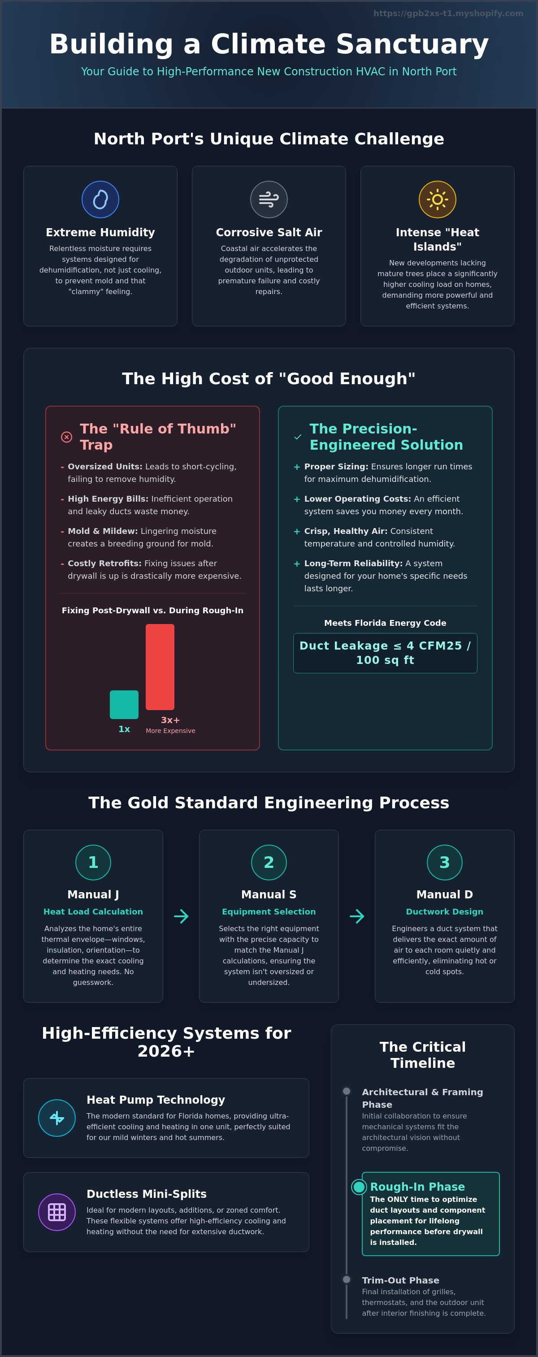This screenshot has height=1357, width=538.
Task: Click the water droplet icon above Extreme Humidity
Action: [100, 199]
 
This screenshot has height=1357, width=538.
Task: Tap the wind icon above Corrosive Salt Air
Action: [269, 199]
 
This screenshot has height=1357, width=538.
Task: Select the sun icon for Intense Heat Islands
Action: [438, 199]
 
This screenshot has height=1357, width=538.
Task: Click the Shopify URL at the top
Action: [448, 13]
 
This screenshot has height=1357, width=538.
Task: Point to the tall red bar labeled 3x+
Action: [160, 667]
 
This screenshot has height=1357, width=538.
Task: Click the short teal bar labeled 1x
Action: [124, 704]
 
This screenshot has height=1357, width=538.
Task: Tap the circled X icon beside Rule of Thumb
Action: [66, 437]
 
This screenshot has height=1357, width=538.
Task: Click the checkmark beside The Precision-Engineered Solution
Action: [298, 437]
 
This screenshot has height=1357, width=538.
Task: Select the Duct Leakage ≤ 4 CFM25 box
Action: [385, 653]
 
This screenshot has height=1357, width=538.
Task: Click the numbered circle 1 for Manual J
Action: [93, 863]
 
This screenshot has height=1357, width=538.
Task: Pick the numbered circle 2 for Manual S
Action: [269, 863]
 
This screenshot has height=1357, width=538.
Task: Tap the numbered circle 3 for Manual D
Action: [445, 863]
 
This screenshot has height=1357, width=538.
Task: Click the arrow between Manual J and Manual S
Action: [181, 916]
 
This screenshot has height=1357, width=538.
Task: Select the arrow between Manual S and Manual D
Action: [357, 916]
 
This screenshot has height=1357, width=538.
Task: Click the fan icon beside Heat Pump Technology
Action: [57, 1118]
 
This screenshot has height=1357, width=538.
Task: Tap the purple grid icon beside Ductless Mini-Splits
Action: [57, 1212]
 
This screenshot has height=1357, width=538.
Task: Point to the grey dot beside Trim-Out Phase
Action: [346, 1279]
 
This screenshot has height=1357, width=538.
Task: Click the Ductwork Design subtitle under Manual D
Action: [445, 911]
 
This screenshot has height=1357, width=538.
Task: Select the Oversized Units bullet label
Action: [105, 467]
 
